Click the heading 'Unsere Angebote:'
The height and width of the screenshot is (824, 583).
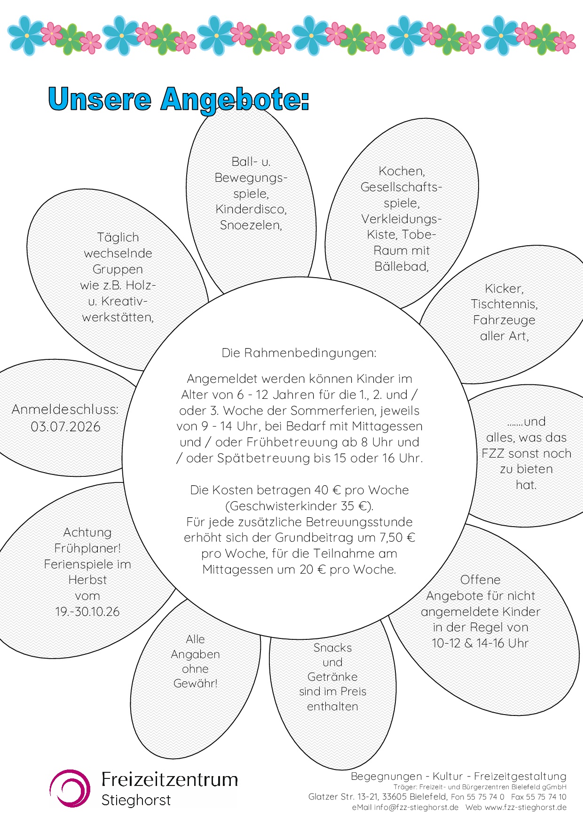point(179,99)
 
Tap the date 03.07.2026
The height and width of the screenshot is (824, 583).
point(66,427)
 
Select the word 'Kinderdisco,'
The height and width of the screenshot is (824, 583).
point(251,209)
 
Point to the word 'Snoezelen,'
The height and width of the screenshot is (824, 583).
point(251,225)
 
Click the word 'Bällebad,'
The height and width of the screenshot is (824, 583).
point(402,266)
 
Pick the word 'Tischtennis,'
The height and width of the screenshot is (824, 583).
point(504,304)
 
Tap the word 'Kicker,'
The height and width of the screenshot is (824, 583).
point(504,288)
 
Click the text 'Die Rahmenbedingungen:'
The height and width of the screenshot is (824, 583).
point(299,353)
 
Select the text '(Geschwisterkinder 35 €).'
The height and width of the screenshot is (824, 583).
point(299,506)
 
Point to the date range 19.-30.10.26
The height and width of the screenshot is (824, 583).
point(87,612)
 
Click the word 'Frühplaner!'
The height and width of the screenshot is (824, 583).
point(87,548)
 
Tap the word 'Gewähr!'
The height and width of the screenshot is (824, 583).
point(196,684)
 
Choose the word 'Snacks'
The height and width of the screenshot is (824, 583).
point(332,648)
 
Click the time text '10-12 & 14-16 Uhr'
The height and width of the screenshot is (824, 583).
point(481,643)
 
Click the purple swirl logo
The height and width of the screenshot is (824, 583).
point(70,788)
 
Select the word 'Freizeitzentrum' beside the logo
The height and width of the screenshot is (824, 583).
point(170,779)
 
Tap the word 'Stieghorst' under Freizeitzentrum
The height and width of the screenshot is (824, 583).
point(136,800)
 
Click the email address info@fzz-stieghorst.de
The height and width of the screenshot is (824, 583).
point(416,808)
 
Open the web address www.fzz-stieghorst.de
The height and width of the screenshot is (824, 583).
point(526,808)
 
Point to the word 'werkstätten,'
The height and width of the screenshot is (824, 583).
point(118,317)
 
